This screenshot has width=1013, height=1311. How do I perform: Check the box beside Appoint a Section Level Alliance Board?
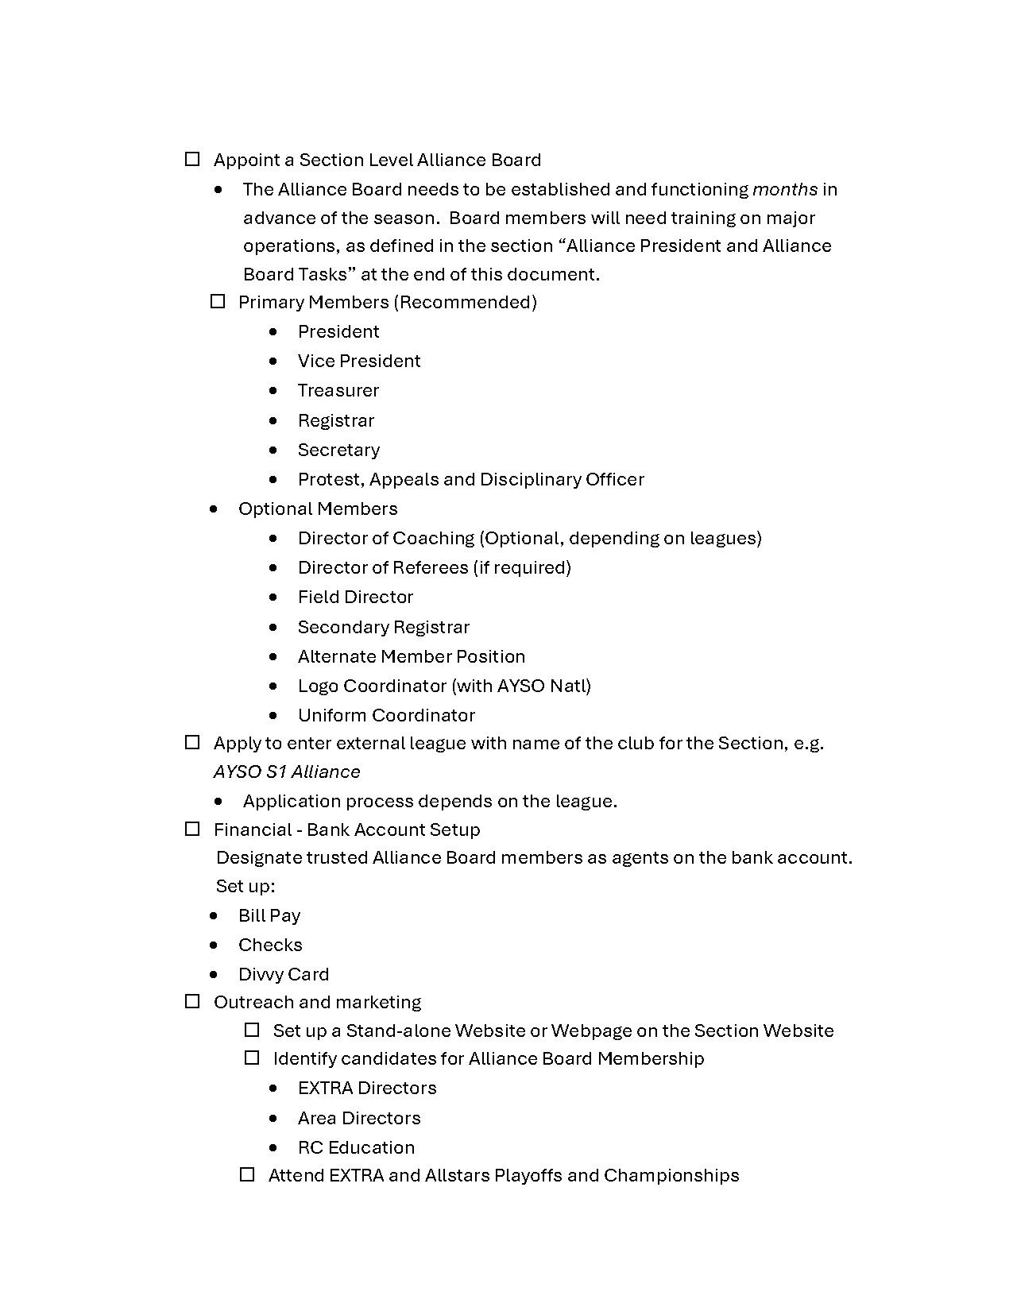point(192,160)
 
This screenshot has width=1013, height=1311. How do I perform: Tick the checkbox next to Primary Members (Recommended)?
point(218,302)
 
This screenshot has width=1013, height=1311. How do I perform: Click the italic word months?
point(785,189)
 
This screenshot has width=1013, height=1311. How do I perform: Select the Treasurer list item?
point(338,390)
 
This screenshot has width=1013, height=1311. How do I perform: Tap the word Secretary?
point(338,450)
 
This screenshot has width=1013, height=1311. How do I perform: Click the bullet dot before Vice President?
point(274,361)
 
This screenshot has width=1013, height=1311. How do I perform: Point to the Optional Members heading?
point(318,509)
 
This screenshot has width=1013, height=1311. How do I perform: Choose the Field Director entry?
point(355,597)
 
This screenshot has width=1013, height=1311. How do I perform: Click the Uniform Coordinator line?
point(386,715)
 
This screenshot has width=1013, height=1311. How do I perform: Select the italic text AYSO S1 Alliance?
point(287,772)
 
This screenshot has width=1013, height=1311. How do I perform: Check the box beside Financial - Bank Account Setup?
point(192,830)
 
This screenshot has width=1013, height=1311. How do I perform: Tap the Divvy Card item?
point(284,974)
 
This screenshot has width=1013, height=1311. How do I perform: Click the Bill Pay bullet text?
point(269,915)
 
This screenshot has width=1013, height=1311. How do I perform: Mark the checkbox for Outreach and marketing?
point(192,1002)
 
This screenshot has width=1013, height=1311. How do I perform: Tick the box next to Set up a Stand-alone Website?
point(252,1031)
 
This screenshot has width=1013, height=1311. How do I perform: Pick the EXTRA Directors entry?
point(367,1088)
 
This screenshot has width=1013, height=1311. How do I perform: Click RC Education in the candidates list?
point(356,1147)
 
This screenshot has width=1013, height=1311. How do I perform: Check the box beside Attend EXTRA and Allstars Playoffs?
point(247,1175)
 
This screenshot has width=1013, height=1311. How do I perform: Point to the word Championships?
point(671,1175)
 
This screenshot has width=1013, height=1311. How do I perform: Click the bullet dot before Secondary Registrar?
point(274,627)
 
